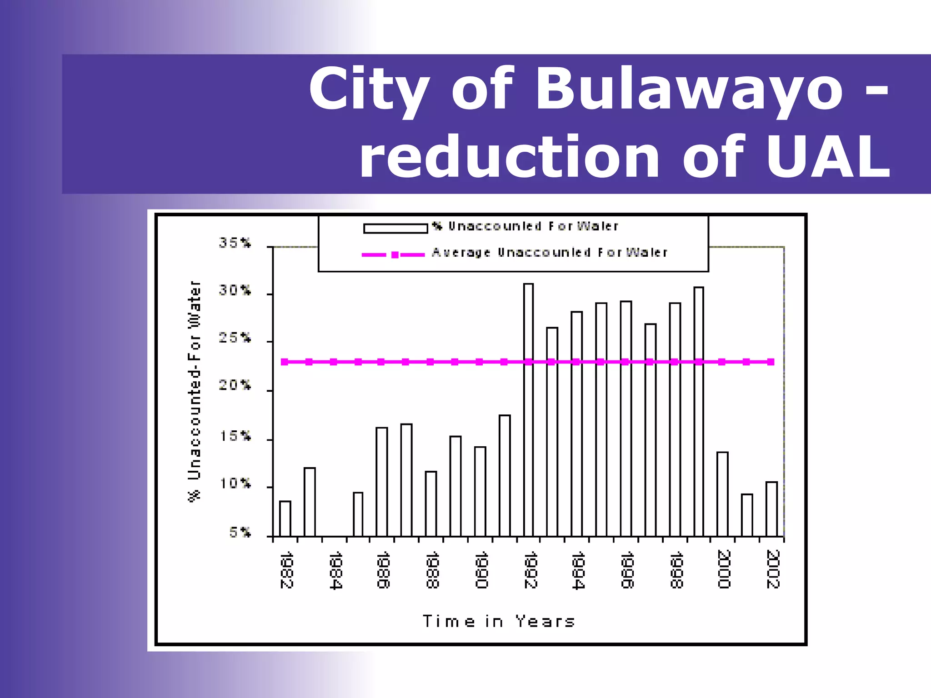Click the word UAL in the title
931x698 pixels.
coord(827,157)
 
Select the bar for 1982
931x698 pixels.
coord(285,519)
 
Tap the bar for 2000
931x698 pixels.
coord(722,494)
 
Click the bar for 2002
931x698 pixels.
coord(771,509)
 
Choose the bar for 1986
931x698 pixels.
coord(382,482)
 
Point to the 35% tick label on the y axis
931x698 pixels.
coord(235,243)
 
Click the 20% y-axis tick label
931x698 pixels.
coord(235,386)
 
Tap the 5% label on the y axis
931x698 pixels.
coord(240,533)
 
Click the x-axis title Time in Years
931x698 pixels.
coord(499,621)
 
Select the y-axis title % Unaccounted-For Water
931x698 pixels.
coord(194,391)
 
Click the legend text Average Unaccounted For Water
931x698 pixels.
coord(550,253)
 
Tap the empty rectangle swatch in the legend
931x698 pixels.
coord(395,228)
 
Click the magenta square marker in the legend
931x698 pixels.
coord(395,255)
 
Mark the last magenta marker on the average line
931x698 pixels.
coord(771,362)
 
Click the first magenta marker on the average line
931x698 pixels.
coord(285,362)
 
